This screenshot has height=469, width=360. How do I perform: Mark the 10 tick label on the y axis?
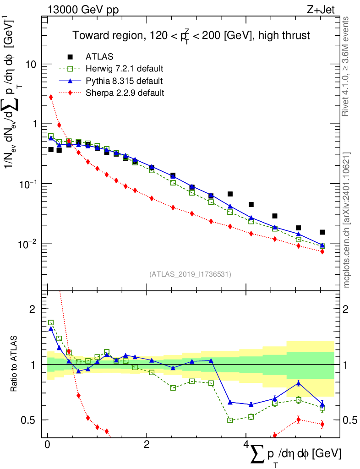coord(31,64)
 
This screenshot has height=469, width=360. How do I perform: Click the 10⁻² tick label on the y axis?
coord(27,243)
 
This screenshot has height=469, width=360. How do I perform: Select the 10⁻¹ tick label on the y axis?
coord(27,184)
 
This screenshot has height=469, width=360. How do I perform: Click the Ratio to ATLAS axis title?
coord(15,364)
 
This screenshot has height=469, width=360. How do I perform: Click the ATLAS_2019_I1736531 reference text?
coord(190,274)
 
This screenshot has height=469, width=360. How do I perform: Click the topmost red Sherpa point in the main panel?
coord(51,97)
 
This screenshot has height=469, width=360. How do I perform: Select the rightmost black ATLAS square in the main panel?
coord(322,232)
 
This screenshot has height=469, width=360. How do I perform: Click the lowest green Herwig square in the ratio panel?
coord(230,420)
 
